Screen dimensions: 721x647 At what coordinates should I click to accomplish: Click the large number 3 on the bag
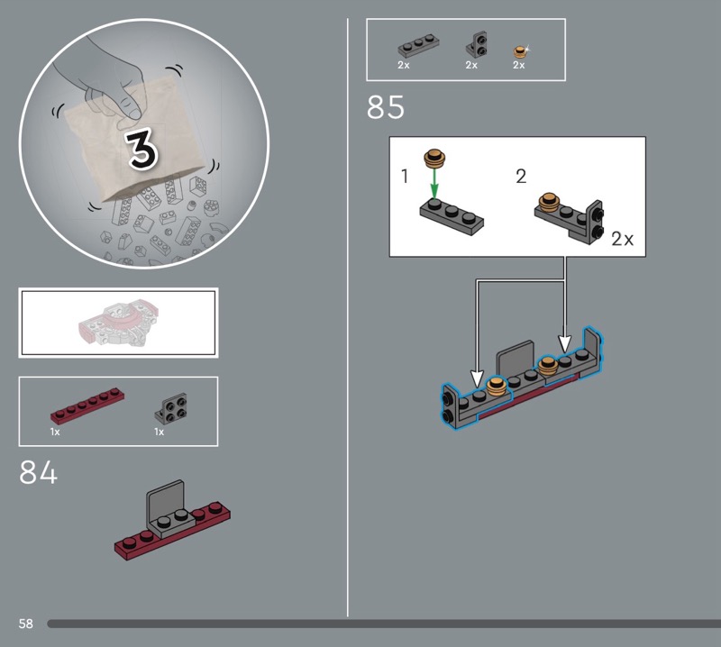(x=142, y=149)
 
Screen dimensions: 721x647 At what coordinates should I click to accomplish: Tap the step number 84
(x=38, y=472)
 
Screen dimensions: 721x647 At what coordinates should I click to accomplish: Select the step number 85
(x=386, y=107)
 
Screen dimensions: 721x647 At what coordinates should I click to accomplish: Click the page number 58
(x=26, y=624)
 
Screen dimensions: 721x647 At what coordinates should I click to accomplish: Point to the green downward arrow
(x=434, y=183)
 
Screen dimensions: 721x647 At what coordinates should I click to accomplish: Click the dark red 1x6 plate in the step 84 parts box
(x=87, y=406)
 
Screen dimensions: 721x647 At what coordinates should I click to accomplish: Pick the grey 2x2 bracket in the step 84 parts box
(x=171, y=408)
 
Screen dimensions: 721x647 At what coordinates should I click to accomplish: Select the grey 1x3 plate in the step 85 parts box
(x=418, y=45)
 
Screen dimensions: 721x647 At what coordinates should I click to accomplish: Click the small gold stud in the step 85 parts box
(x=520, y=51)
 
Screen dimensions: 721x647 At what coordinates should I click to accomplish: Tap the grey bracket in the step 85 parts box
(x=478, y=44)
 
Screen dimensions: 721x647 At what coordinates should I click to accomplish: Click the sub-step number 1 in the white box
(x=405, y=176)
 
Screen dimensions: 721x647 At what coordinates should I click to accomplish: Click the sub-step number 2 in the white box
(x=521, y=176)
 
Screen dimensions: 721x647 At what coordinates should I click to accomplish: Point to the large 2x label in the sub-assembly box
(x=622, y=239)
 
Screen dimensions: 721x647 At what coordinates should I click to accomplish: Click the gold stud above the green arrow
(x=434, y=158)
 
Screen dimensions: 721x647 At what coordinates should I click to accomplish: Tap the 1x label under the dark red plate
(x=55, y=432)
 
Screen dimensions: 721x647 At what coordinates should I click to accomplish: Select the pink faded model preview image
(x=119, y=323)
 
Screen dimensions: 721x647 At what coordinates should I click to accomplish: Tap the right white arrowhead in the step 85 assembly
(x=565, y=343)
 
